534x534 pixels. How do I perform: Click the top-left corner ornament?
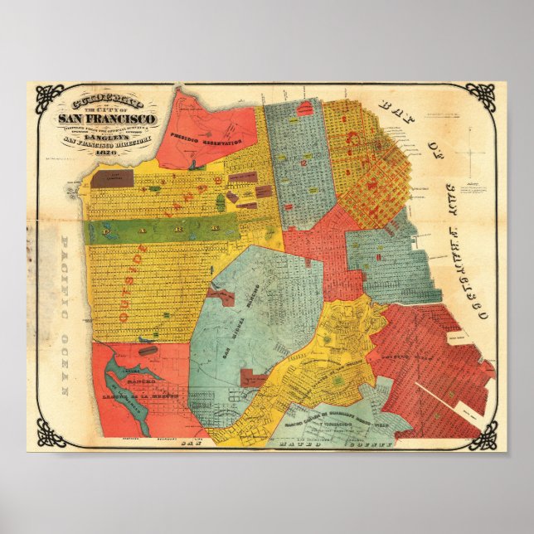tap(49, 98)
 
